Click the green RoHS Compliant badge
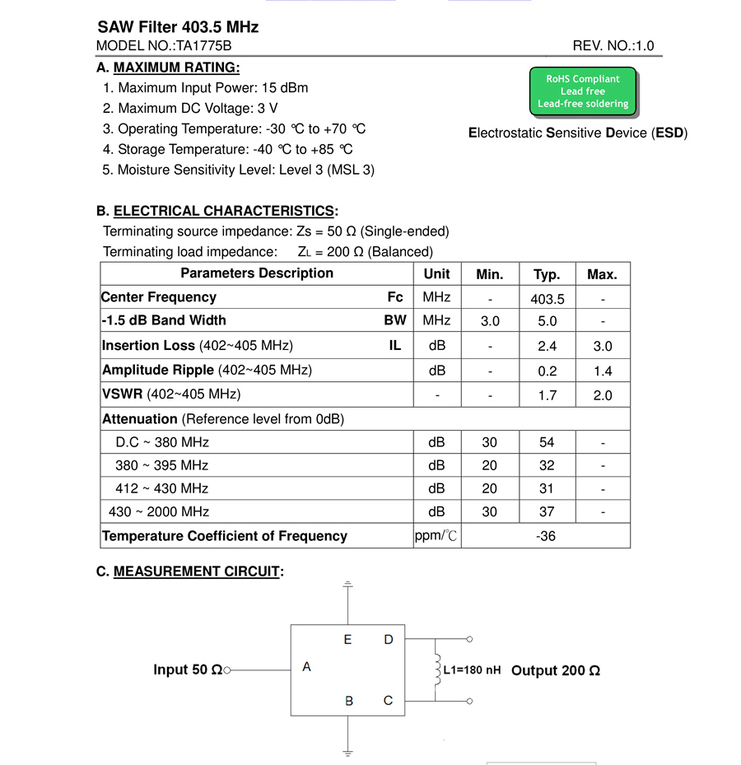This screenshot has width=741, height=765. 583,91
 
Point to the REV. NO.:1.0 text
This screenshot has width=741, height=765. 613,46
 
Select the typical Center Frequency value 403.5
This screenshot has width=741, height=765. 548,300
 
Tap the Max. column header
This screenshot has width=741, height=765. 602,275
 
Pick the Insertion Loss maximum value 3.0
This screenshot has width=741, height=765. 603,347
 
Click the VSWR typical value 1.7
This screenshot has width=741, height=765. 548,395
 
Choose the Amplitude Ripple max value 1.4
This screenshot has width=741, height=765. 603,371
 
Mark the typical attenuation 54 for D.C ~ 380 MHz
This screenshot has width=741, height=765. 547,442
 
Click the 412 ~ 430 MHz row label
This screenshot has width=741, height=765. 161,488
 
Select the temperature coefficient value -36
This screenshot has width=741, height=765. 545,536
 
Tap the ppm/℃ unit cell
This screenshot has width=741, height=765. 436,536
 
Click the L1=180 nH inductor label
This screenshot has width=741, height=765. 472,670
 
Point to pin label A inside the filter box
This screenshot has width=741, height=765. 306,666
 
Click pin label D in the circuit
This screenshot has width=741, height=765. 389,639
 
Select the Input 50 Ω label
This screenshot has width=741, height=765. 188,670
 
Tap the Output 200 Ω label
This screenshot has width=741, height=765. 556,671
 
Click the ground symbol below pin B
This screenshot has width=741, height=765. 348,751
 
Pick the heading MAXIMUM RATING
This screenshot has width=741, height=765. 176,68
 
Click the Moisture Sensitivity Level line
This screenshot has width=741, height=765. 239,170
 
